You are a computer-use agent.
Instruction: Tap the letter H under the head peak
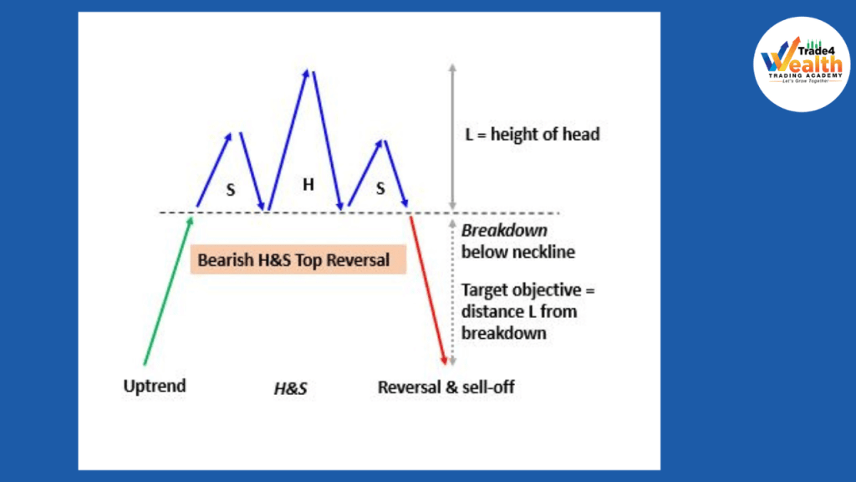click(308, 185)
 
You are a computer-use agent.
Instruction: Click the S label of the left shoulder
click(231, 190)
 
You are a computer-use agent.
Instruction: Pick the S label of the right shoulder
click(380, 189)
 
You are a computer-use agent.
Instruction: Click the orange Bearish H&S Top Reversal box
click(298, 259)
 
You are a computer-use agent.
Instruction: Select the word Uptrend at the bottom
click(155, 387)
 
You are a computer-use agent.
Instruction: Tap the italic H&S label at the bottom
click(290, 388)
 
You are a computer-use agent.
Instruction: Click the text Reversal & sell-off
click(446, 387)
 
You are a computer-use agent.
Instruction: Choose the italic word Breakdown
click(504, 231)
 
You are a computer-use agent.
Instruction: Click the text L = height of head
click(532, 134)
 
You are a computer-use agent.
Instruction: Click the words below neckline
click(518, 252)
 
